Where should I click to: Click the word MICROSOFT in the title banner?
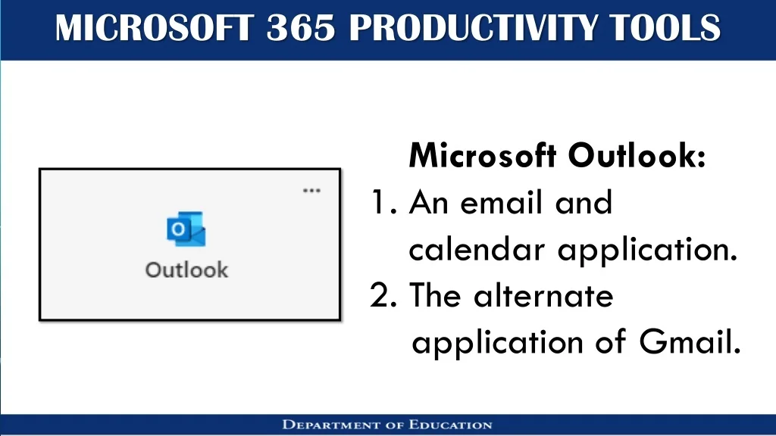click(155, 28)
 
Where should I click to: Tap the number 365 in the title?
click(301, 28)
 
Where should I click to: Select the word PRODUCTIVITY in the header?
click(472, 28)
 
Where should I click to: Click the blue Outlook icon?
click(186, 229)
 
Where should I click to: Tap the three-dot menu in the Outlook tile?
click(311, 190)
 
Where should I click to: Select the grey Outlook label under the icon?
click(186, 270)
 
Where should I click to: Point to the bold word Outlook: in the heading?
click(637, 155)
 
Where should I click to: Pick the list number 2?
click(383, 296)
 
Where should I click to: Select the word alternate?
click(543, 296)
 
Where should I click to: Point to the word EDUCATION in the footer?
click(450, 425)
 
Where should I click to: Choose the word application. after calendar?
click(647, 251)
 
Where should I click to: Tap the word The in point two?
click(435, 296)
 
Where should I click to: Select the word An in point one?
click(429, 202)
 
